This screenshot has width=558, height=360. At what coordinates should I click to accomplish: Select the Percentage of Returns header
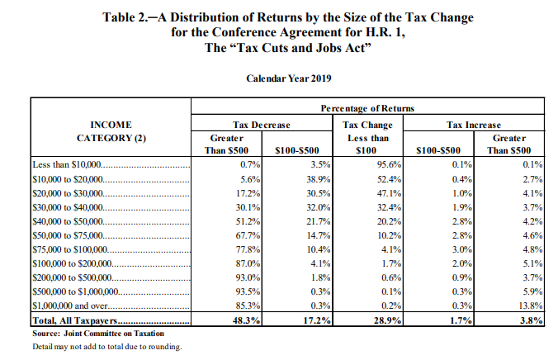point(367,109)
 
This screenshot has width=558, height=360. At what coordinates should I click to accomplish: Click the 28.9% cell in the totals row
point(375,320)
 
